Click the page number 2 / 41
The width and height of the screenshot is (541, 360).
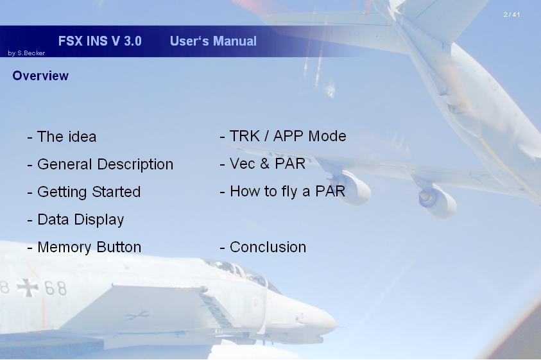tap(511, 15)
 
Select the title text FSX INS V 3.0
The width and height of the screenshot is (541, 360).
tap(99, 41)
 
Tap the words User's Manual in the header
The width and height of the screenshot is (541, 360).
tap(213, 41)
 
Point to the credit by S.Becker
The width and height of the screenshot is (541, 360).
tap(26, 53)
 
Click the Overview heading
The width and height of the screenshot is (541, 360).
tap(40, 76)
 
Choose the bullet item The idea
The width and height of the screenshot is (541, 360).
tap(62, 137)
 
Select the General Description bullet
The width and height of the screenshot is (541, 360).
tap(100, 165)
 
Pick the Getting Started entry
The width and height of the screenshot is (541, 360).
tap(84, 193)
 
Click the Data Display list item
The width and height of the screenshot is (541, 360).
tap(75, 220)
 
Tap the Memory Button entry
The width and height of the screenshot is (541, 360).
tap(84, 247)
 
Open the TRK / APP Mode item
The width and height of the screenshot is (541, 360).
tap(283, 136)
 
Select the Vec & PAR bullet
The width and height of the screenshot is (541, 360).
tap(262, 164)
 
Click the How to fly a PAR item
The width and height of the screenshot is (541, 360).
tap(282, 192)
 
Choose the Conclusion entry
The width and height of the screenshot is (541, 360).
tap(263, 247)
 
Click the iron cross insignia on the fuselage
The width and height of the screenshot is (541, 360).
tap(27, 287)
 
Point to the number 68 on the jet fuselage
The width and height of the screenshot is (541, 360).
tap(55, 288)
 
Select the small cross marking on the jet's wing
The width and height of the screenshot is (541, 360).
tap(137, 315)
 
